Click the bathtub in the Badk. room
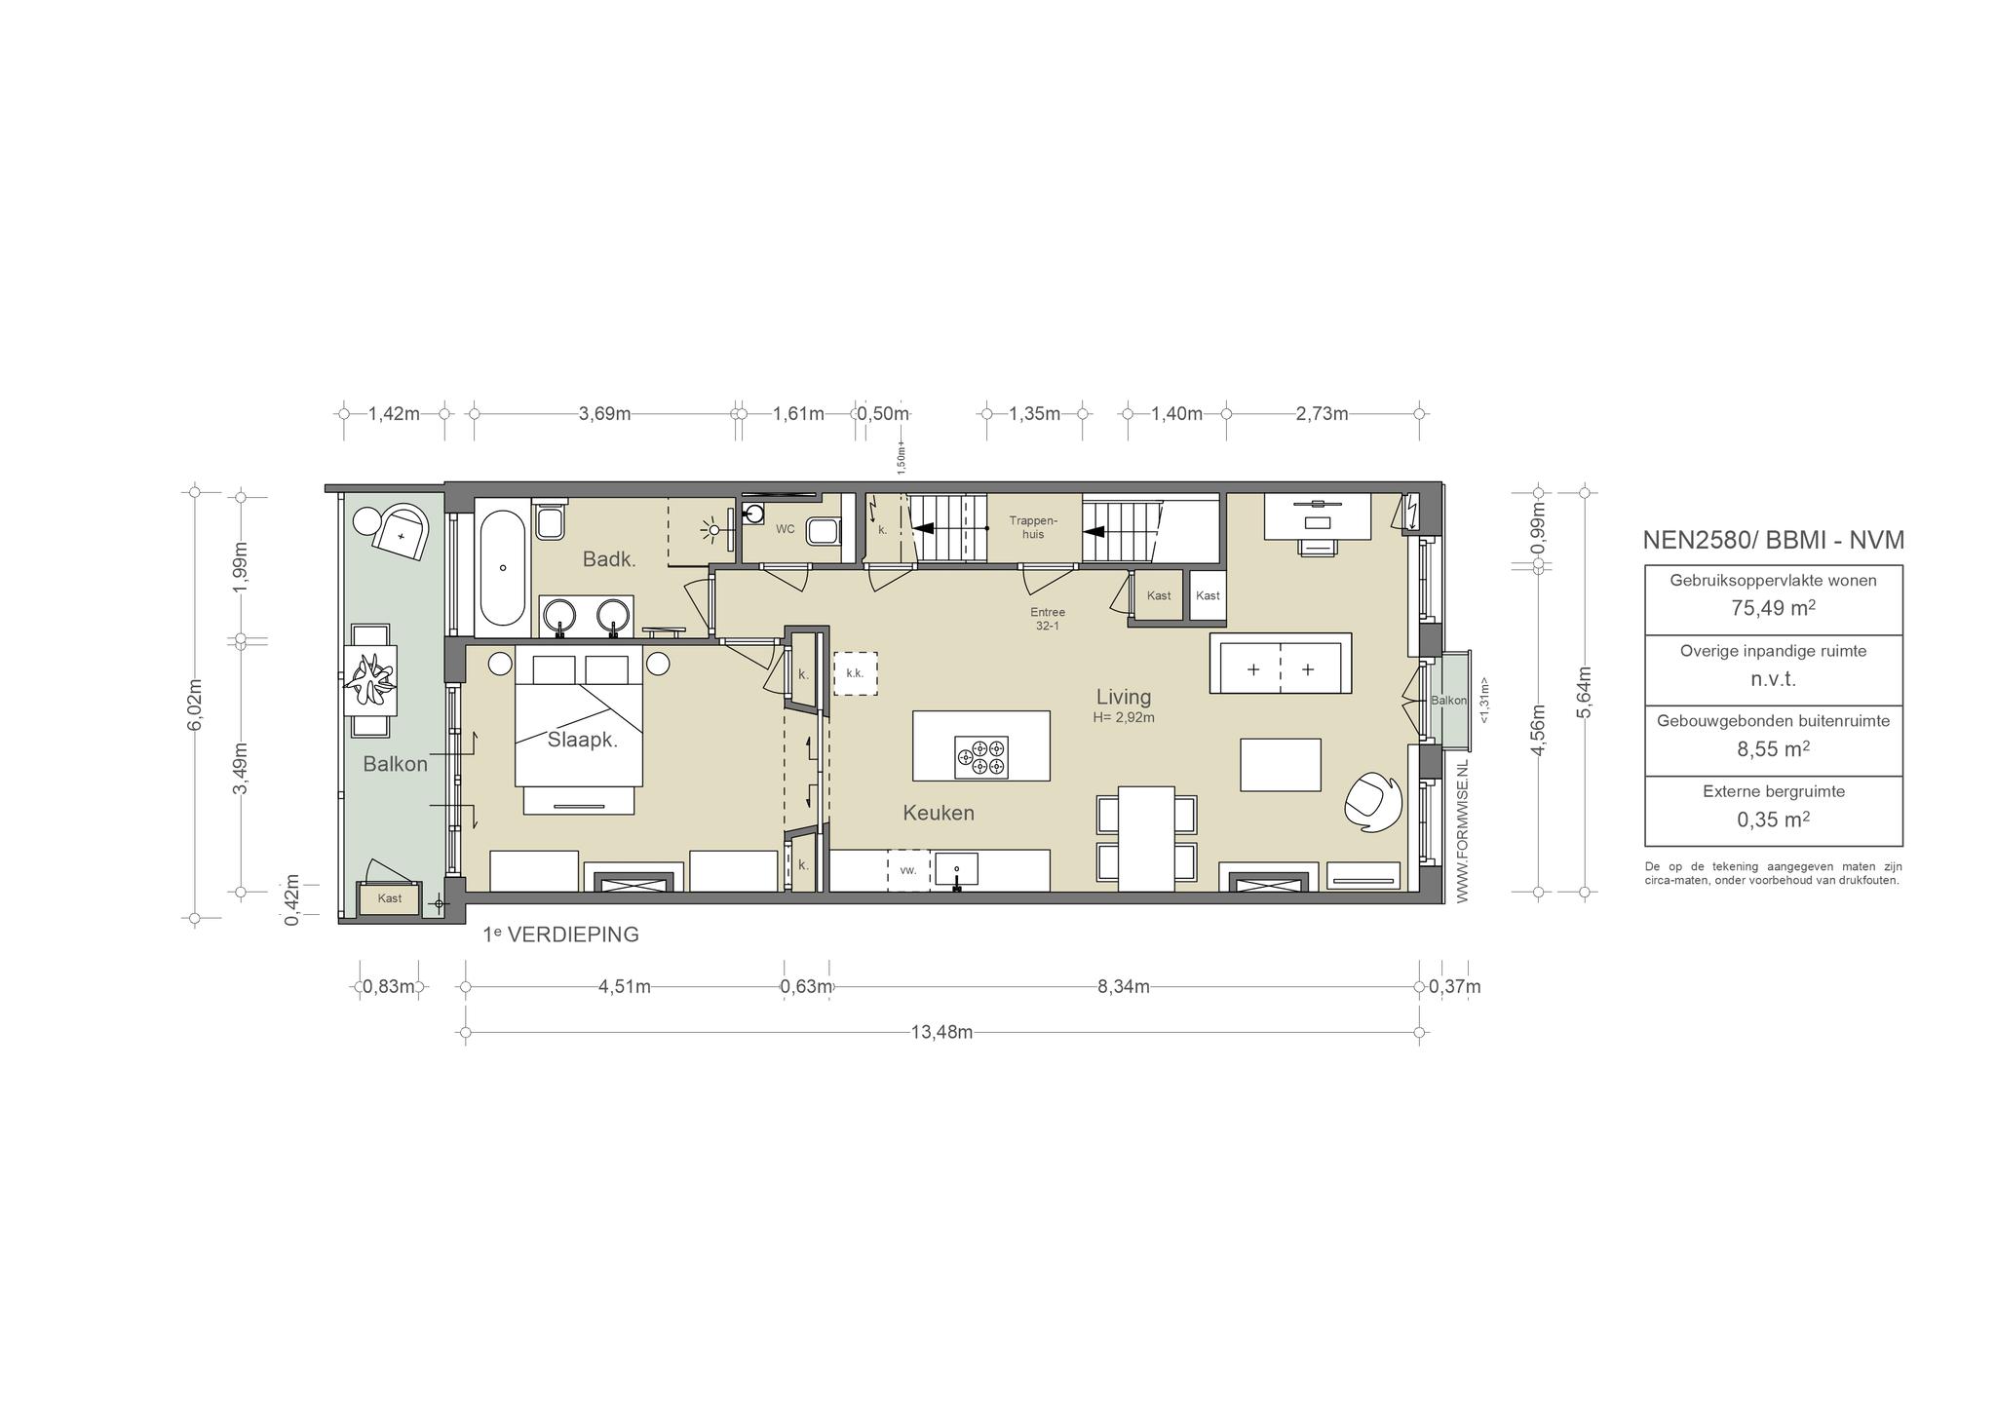click(503, 563)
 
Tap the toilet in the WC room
click(825, 531)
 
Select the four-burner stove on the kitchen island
click(981, 757)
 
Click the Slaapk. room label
click(583, 740)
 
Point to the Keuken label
click(939, 813)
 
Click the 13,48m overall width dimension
click(941, 1033)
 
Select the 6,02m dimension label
click(195, 704)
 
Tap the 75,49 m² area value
click(1773, 608)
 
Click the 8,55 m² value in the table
click(1773, 749)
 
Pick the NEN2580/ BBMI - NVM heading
click(1773, 540)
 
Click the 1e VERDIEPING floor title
click(561, 934)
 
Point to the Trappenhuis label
click(1033, 527)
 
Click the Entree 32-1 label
click(1048, 619)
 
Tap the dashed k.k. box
click(856, 672)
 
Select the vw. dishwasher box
click(908, 870)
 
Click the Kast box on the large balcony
click(390, 897)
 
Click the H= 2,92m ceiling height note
click(1124, 718)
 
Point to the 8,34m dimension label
click(1124, 986)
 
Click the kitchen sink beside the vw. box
click(957, 869)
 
